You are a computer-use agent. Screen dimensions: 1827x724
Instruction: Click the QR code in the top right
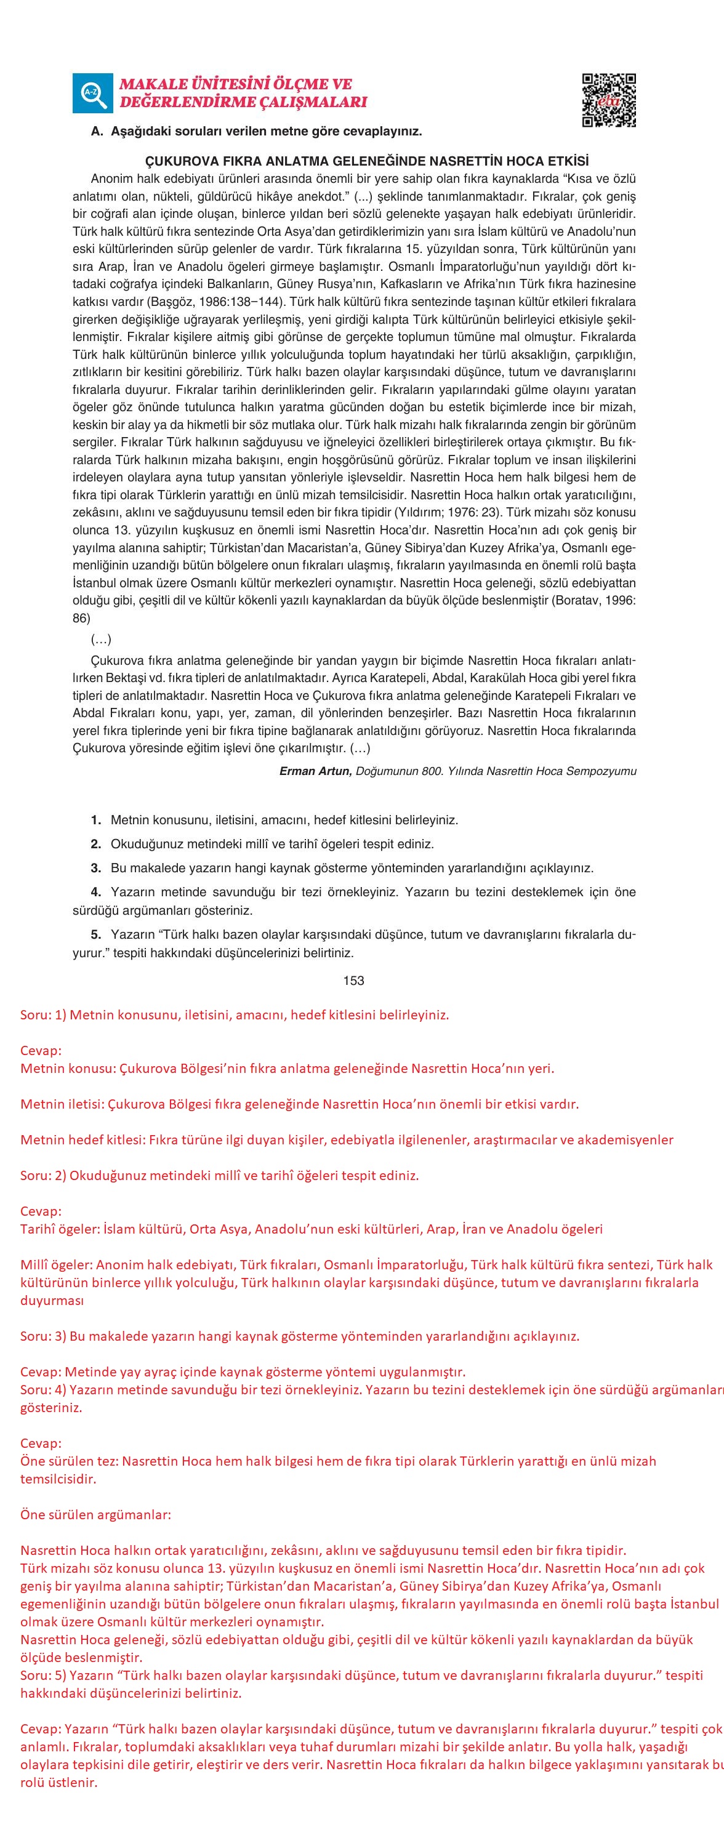(608, 100)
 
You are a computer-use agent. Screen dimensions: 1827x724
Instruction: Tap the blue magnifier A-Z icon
(92, 93)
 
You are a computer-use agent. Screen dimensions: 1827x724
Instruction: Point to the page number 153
(353, 980)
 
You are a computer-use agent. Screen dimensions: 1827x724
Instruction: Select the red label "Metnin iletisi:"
(62, 1104)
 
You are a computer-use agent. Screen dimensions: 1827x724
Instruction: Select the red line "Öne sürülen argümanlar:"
(95, 1514)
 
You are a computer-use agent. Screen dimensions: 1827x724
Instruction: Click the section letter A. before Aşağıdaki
(97, 132)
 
